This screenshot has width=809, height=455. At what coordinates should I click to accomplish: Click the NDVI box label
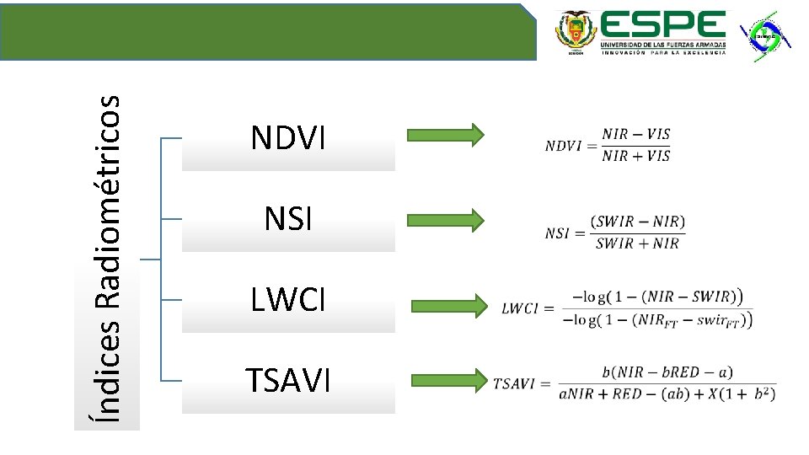(x=287, y=138)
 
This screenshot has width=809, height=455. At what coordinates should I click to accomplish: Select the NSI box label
(x=287, y=219)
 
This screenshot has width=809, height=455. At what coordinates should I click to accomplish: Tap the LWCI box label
(x=287, y=300)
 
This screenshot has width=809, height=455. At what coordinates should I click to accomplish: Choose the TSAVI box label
(x=287, y=381)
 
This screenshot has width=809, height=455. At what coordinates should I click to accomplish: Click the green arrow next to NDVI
(x=445, y=135)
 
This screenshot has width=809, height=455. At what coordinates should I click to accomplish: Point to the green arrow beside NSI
(x=445, y=221)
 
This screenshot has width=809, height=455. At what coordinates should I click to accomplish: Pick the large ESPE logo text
(x=663, y=25)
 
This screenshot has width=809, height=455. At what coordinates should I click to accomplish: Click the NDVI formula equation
(x=608, y=145)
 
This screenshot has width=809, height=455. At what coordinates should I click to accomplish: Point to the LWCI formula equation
(x=628, y=308)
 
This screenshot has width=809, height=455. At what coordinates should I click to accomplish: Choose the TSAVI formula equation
(x=635, y=383)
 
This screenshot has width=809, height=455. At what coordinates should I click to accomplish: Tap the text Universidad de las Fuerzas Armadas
(x=663, y=43)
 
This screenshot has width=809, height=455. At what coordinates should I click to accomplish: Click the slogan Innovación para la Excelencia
(x=663, y=52)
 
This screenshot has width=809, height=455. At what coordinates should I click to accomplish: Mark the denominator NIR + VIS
(x=636, y=156)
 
